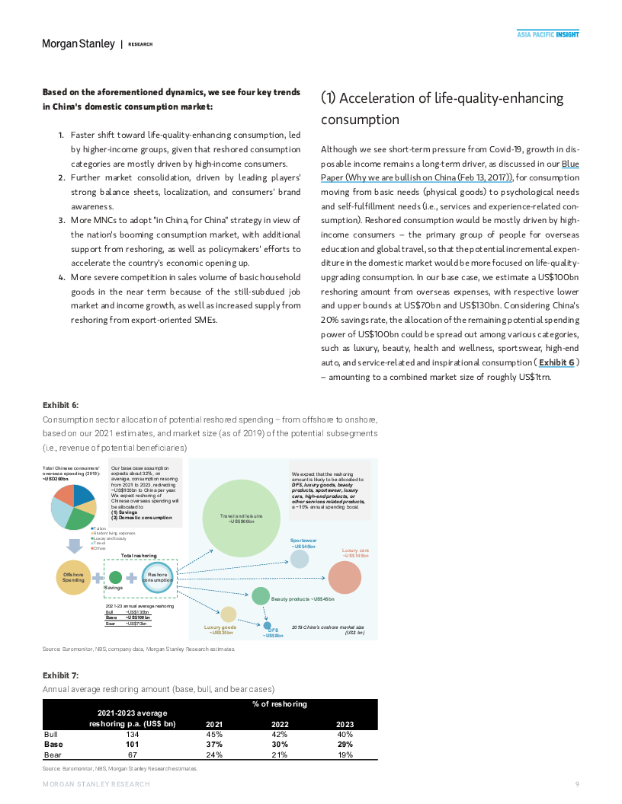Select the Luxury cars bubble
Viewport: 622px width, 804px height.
point(344,578)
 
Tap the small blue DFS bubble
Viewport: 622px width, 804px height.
point(267,625)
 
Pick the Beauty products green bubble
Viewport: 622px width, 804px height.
point(261,596)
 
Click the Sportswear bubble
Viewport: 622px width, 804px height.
point(300,559)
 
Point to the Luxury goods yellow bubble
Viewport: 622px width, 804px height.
point(228,614)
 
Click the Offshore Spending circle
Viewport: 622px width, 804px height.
point(74,577)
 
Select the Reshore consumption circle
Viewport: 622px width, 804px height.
point(159,578)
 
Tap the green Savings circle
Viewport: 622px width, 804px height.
point(115,577)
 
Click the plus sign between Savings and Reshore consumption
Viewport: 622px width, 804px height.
point(131,578)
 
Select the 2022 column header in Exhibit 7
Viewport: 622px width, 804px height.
point(280,724)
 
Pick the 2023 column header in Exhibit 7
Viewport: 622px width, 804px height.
point(345,724)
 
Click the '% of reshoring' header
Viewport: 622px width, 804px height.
point(280,704)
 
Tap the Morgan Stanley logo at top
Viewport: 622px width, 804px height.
point(79,43)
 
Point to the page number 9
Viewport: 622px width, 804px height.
point(577,784)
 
